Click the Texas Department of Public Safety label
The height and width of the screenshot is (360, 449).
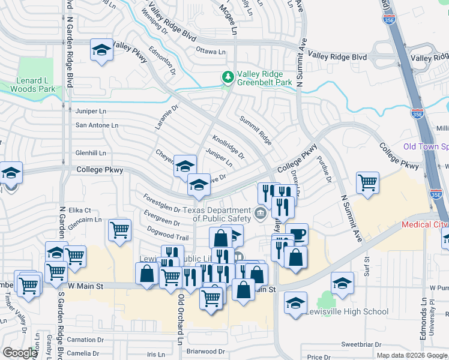pos(217,214)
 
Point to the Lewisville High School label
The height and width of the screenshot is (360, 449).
pos(347,312)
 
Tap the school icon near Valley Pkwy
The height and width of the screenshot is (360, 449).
pos(101,50)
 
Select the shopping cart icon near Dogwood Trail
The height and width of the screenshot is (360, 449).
pos(120,230)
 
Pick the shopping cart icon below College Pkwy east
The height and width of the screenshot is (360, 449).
pos(367,183)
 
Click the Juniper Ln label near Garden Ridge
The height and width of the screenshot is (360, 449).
pos(91,111)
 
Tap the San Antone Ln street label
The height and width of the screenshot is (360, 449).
pos(96,125)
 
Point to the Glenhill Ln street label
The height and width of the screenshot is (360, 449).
pos(90,153)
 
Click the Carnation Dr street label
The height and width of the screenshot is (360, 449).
pos(86,339)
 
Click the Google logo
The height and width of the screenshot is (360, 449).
pos(19,352)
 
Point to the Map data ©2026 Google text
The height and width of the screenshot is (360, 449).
pos(411,355)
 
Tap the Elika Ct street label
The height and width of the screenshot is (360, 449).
pos(79,210)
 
